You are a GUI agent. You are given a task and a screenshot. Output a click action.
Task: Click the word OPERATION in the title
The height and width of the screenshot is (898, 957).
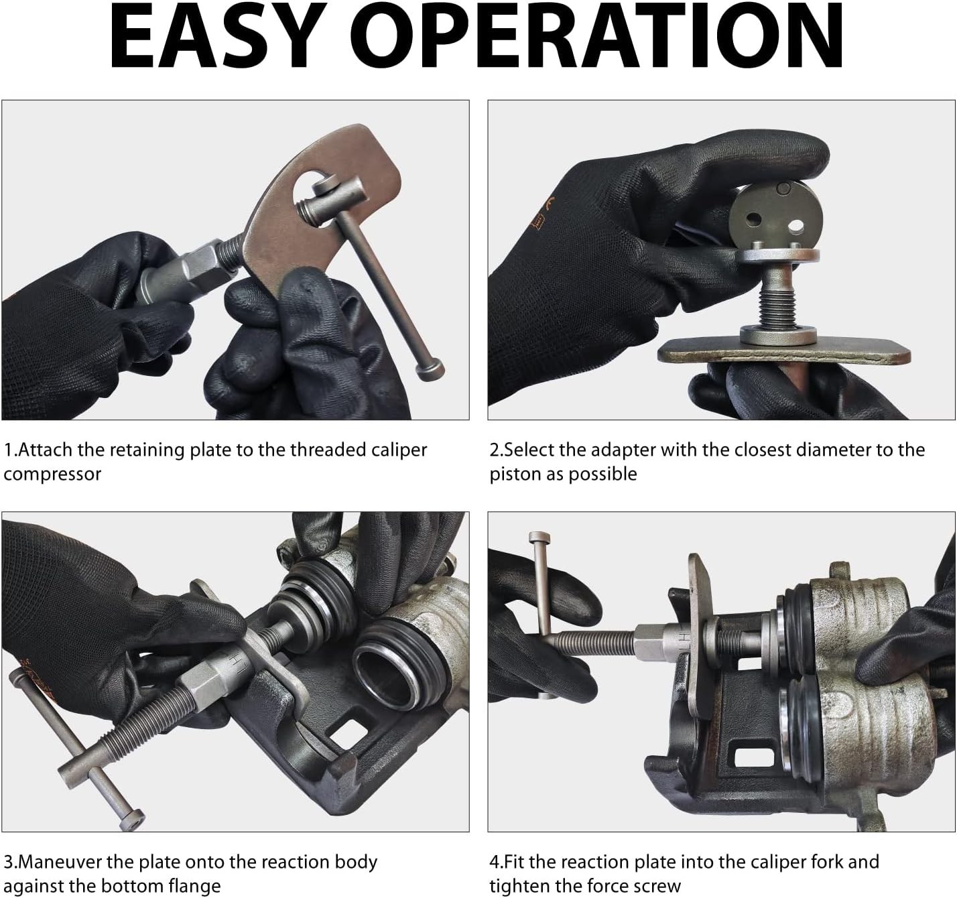[x=603, y=37]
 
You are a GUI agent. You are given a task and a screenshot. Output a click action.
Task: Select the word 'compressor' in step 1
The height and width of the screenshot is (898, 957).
[x=52, y=474]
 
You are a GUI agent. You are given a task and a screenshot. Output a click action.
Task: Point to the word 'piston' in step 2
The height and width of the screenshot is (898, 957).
[x=515, y=474]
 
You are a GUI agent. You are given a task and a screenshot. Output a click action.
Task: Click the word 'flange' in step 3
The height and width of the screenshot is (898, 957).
[x=194, y=887]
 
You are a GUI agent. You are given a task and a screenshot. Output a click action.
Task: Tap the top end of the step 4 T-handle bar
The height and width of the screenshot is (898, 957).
[x=539, y=538]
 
